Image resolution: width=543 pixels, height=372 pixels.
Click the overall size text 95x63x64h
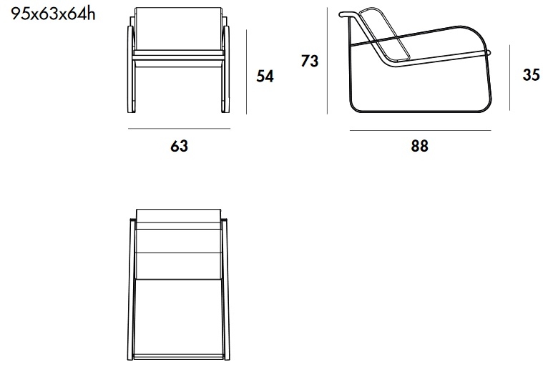[x=53, y=14]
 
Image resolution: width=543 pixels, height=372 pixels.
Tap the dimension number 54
[x=265, y=77]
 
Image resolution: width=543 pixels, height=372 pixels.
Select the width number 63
[x=179, y=146]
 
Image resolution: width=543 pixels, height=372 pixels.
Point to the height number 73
[x=309, y=61]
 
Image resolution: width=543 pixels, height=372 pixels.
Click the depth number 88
[x=419, y=146]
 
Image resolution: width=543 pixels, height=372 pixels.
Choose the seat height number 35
[x=531, y=75]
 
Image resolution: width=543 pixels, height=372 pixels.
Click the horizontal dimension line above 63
[x=179, y=129]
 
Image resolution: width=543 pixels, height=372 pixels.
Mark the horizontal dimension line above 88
[x=420, y=131]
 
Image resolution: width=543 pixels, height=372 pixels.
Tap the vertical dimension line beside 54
[x=247, y=72]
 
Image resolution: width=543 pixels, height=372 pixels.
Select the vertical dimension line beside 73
[x=327, y=61]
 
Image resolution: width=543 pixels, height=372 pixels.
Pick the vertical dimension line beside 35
[x=510, y=77]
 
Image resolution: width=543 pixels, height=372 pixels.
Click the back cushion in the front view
[x=178, y=29]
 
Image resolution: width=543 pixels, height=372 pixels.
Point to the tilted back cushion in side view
[x=384, y=34]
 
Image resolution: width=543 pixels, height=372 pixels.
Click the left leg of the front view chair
[x=131, y=69]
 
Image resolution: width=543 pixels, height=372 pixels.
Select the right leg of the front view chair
[x=225, y=69]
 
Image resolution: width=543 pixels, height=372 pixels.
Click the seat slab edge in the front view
[x=178, y=53]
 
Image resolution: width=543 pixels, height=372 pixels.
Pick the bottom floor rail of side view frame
[x=421, y=111]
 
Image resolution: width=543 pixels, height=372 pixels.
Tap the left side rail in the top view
[x=131, y=290]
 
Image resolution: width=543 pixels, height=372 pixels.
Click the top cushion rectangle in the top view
[x=179, y=216]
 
